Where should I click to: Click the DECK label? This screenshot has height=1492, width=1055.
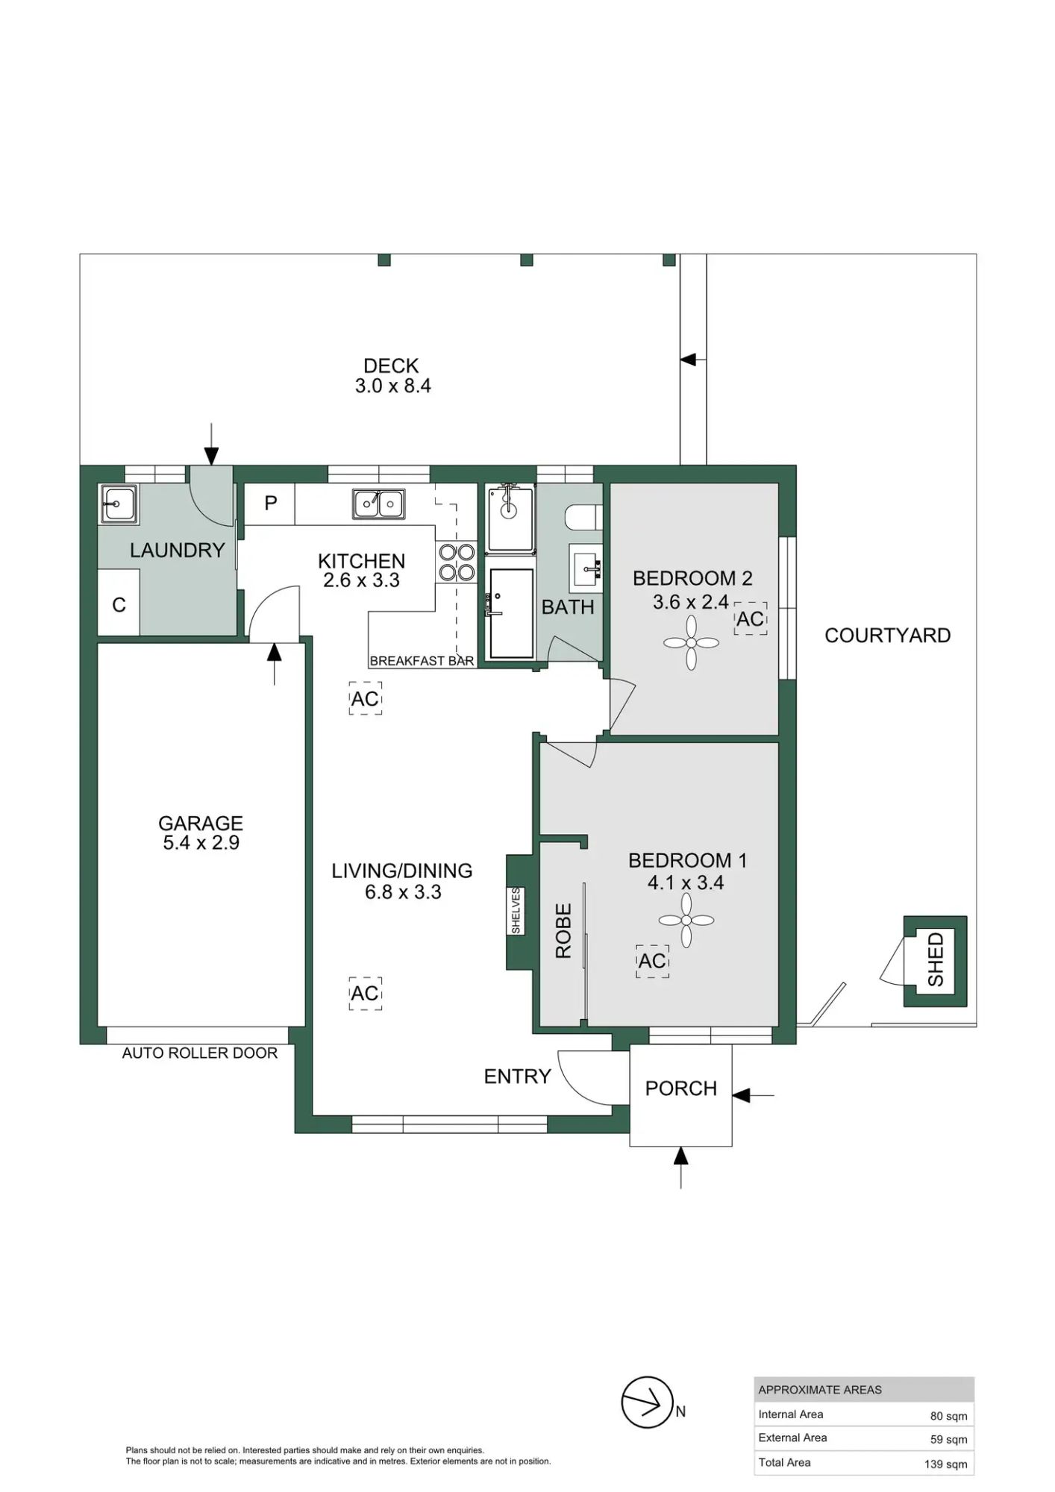[x=391, y=366]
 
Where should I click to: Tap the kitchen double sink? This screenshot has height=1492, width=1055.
[x=378, y=504]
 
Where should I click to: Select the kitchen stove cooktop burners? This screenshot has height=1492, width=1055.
[x=457, y=562]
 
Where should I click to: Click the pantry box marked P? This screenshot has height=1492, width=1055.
[x=270, y=504]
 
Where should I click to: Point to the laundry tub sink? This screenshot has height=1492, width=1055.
[x=118, y=504]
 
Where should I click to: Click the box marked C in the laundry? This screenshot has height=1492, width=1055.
[x=119, y=604]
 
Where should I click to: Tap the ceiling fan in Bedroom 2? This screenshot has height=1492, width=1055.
[x=691, y=643]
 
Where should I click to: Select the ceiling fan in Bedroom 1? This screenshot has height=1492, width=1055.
[x=686, y=921]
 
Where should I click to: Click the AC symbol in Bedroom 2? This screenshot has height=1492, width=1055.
[x=750, y=618]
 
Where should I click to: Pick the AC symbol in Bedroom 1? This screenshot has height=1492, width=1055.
[x=652, y=961]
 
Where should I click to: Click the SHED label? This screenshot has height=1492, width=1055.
[x=936, y=959]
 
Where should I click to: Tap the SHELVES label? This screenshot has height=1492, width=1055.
[x=516, y=910]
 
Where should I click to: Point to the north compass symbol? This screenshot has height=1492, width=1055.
[x=648, y=1402]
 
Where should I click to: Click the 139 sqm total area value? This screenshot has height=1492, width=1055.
[x=945, y=1464]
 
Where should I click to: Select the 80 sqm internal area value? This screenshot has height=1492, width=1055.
[x=948, y=1415]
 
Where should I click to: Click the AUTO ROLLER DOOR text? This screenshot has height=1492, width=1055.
[x=200, y=1053]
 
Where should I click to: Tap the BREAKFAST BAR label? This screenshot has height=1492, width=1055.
[x=422, y=661]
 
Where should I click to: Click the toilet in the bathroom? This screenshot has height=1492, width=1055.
[x=584, y=515]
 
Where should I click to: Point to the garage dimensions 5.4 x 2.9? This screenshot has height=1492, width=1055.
[x=201, y=843]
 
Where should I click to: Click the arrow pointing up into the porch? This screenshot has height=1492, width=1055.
[x=680, y=1167]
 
